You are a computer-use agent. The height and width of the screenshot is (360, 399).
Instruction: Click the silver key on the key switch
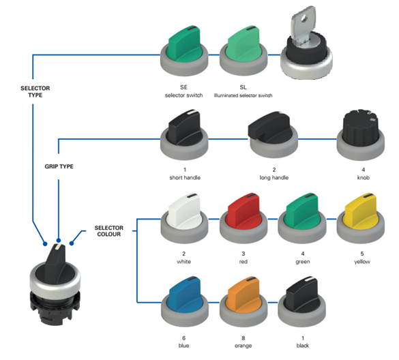coord(304,24)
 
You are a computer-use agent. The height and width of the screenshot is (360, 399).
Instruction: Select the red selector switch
coord(243,218)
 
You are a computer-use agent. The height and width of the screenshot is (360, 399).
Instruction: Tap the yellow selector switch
coord(361,218)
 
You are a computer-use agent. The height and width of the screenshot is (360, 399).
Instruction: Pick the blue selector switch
coord(184,302)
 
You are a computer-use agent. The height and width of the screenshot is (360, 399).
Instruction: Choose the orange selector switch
coord(243,302)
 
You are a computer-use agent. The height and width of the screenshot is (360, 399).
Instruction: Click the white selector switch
coord(184,218)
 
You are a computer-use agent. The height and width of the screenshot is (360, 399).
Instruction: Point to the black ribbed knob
coord(361,135)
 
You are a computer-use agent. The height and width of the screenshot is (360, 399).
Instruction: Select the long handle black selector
coord(273,135)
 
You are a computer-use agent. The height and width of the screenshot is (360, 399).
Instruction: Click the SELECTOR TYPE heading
coord(35,91)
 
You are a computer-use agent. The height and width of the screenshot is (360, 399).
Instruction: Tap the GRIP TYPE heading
coord(59,166)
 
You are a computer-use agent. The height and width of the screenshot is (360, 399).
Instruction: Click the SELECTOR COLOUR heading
coord(109,231)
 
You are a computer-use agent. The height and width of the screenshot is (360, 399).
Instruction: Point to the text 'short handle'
coord(185,177)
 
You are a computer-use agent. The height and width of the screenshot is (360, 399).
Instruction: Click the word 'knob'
coord(363,177)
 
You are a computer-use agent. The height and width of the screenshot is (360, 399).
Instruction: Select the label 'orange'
coord(243,346)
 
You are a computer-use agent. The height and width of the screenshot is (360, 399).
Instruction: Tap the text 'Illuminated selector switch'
coord(243,95)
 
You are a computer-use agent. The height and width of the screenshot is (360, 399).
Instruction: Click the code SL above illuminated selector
coord(243,87)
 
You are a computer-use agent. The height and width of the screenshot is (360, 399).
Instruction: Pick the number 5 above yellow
coord(362,254)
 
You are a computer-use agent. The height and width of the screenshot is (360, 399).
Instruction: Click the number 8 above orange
coord(243,338)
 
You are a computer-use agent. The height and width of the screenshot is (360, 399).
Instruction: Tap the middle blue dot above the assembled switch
coord(59,241)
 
